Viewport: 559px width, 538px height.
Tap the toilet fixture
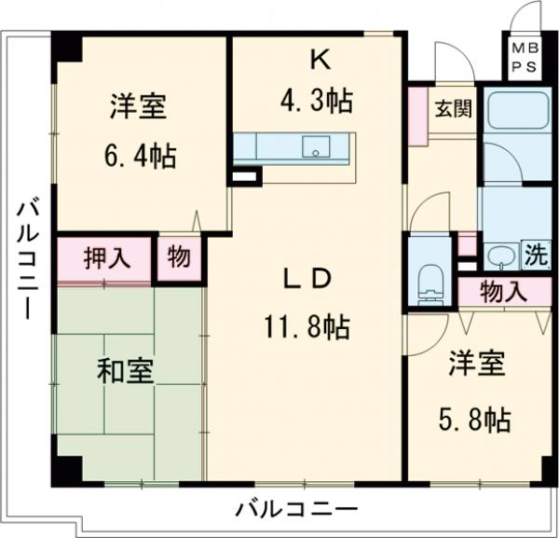429,280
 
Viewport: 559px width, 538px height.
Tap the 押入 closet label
103,258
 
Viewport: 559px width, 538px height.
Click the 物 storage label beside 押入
177,258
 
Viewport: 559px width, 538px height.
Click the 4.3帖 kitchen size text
319,100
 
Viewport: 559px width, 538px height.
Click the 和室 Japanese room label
127,372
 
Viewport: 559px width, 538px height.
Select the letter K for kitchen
319,61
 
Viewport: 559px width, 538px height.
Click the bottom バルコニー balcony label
296,509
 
